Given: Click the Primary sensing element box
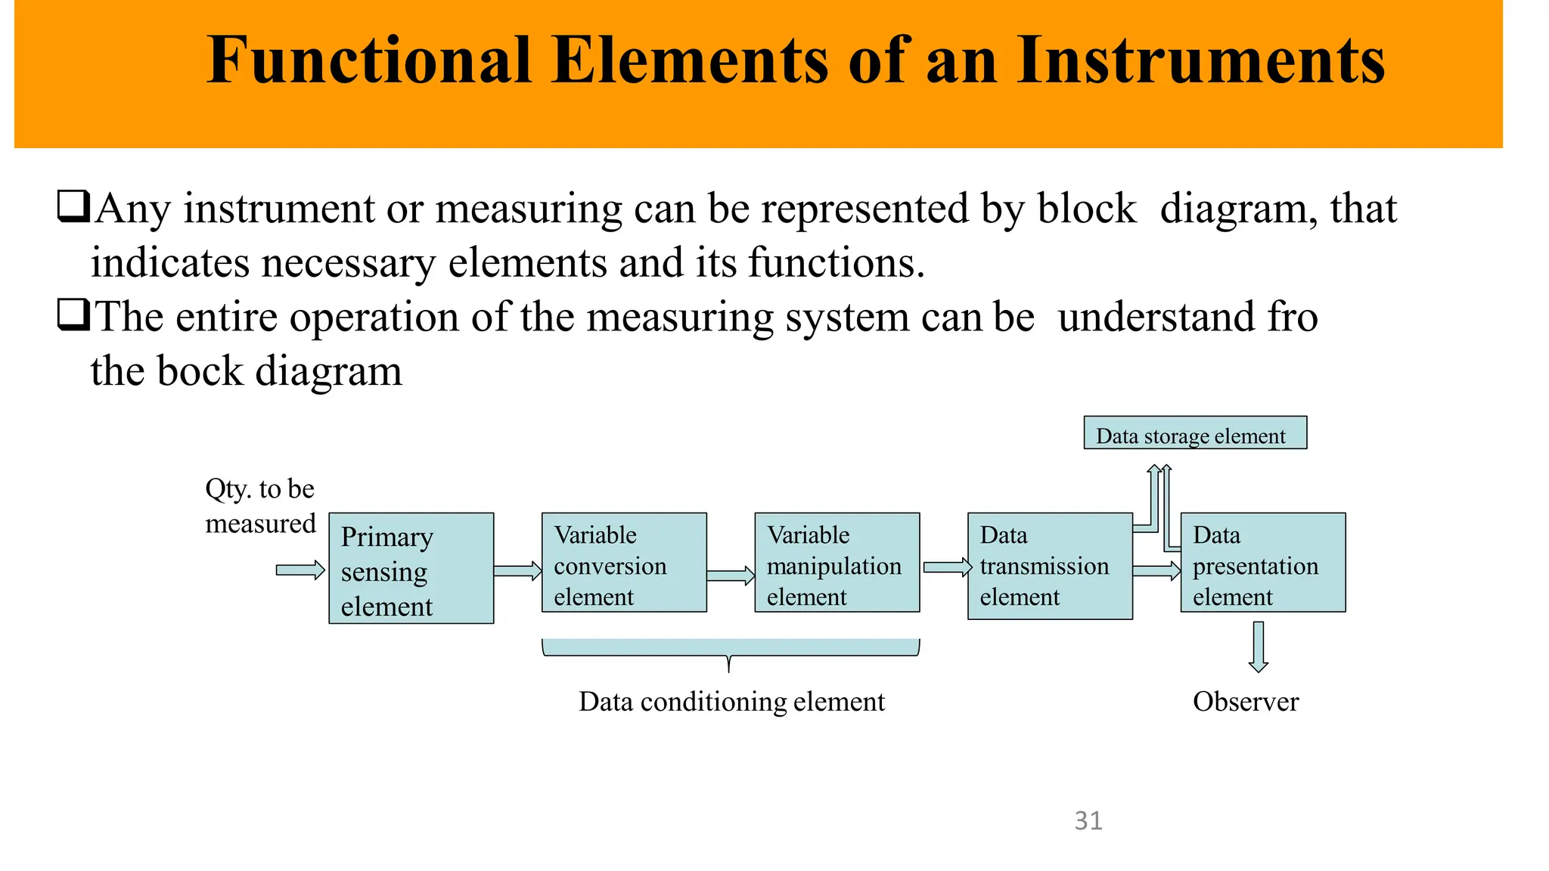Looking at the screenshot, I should click(411, 568).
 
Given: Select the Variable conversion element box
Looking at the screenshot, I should click(624, 562).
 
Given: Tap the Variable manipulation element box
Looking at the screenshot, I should click(837, 562).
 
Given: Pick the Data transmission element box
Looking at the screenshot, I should click(1050, 566).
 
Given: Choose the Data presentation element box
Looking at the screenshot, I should click(1262, 562).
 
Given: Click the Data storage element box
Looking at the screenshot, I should click(1194, 432).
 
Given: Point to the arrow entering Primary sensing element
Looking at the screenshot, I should click(300, 570).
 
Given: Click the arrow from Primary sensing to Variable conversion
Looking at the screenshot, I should click(518, 571).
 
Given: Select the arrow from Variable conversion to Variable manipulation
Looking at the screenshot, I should click(731, 576).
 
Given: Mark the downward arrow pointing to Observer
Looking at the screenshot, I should click(1259, 646).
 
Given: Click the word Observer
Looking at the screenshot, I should click(1245, 702).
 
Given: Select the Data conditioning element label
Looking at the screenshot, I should click(731, 702).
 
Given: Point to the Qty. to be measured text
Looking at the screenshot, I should click(259, 506).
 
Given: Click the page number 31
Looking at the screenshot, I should click(1088, 820).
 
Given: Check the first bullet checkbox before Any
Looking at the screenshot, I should click(73, 206).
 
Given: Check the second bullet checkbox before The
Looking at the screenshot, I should click(73, 315).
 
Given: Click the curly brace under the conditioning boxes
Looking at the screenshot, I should click(730, 650).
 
